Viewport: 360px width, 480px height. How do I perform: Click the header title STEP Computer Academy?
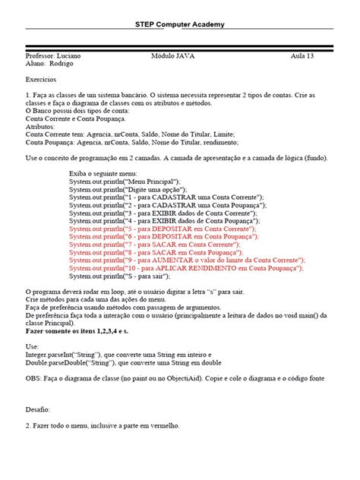click(x=180, y=24)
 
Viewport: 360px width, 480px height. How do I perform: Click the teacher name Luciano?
click(x=67, y=56)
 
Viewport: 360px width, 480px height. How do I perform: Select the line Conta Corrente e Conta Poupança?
click(x=75, y=119)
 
